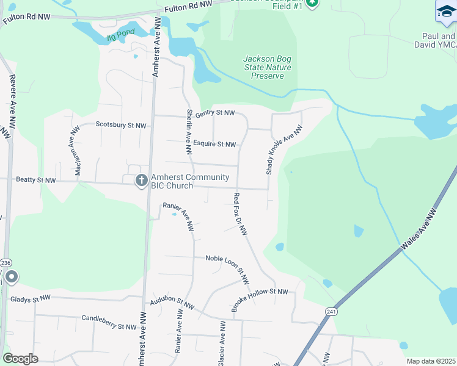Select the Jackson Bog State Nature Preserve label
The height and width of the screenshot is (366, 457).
coord(268,67)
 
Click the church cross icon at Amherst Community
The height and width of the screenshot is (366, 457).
coord(141,180)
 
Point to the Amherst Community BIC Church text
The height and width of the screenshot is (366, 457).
coord(190,181)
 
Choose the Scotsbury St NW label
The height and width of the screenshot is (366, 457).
coord(121,125)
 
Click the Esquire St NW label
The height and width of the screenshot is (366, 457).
coord(214,145)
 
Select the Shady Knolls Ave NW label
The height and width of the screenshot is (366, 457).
coord(284,150)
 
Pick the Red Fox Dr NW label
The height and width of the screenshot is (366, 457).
coord(240,214)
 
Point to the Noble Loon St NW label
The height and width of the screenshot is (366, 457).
coord(228,268)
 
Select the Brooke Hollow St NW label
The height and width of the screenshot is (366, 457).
coord(259,300)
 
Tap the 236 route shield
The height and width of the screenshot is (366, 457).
coord(6,262)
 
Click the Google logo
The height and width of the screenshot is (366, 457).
coord(21,359)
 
